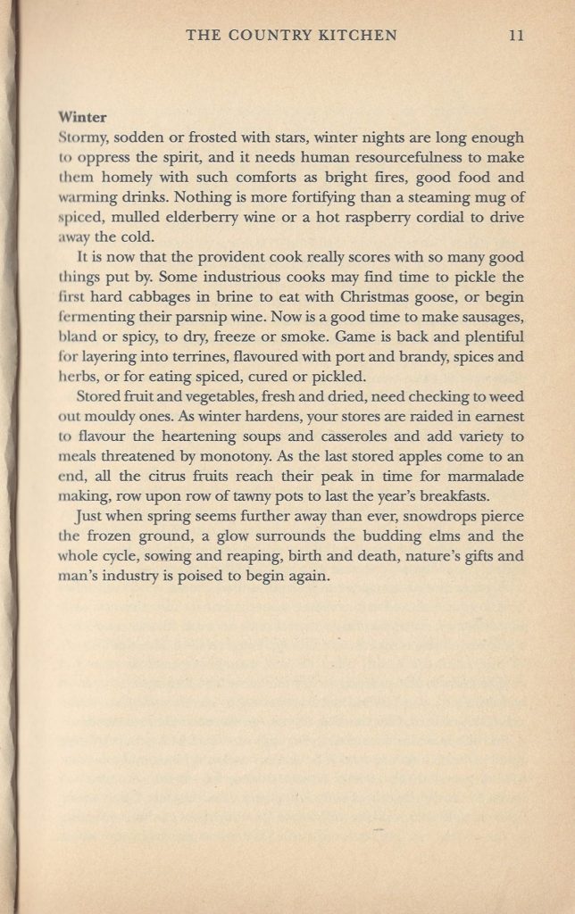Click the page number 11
click(515, 36)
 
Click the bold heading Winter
click(81, 117)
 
